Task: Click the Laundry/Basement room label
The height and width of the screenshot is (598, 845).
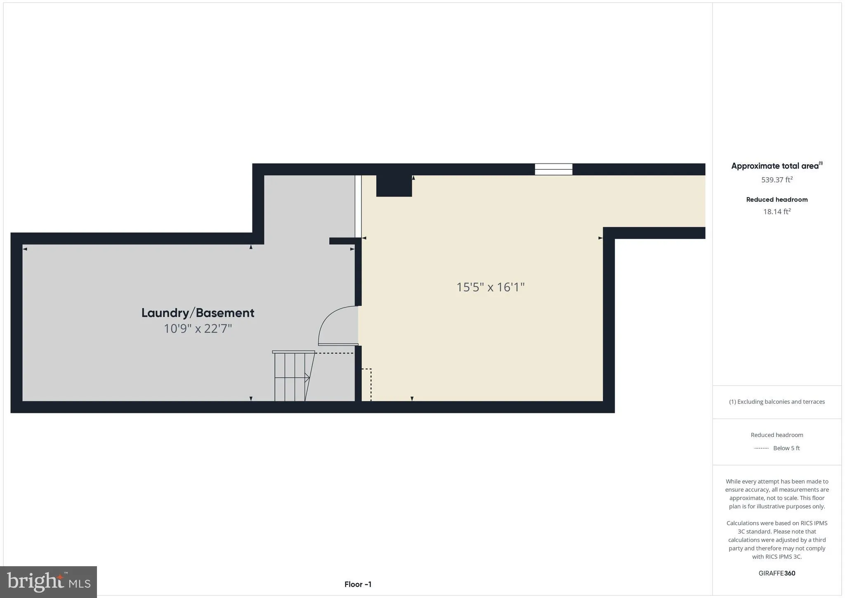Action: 198,313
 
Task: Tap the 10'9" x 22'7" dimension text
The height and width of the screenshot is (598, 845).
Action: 198,329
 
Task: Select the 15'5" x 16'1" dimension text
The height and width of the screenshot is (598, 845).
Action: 490,287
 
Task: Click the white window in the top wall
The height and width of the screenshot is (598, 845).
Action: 553,169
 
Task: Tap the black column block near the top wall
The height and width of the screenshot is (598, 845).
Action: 394,185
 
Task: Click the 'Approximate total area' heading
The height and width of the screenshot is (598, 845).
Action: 775,166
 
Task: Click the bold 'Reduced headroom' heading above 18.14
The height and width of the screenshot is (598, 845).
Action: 777,199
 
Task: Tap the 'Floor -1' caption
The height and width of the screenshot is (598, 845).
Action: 358,584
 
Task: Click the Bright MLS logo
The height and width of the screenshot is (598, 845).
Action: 49,582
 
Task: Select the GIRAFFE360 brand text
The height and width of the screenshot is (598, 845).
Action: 777,573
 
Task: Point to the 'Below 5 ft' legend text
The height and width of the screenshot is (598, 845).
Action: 786,448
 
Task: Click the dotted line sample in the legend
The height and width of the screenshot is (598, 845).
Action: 761,448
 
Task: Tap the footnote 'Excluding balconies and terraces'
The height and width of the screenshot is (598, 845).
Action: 777,401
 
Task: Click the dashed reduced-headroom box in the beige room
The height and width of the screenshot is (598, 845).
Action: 366,384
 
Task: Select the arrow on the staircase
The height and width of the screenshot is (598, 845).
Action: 307,377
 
